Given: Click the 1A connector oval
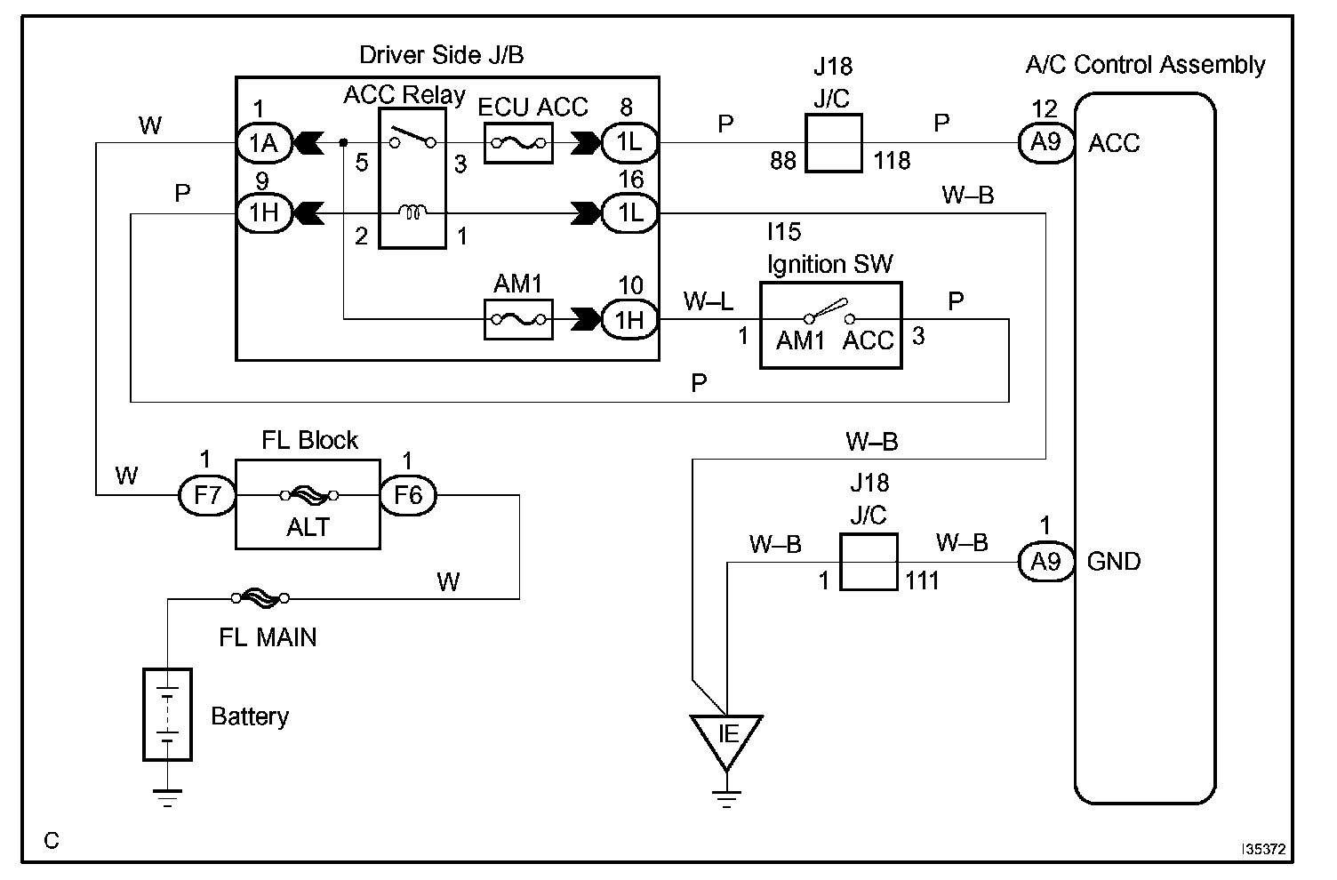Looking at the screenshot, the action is point(264,143).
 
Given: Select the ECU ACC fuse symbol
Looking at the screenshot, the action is point(518,143).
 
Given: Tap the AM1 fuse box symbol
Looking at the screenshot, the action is point(518,319).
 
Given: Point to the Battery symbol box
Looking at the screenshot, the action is point(167,715).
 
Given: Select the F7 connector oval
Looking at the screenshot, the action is point(207,495).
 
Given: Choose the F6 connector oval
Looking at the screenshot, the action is point(408,495).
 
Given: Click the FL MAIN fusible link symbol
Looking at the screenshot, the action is point(260,597).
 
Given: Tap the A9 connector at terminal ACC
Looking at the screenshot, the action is point(1045,143).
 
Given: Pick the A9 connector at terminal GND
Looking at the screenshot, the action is point(1045,562).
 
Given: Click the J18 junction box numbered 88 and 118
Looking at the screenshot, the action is point(833,143).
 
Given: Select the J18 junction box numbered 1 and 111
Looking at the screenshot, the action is point(869,562).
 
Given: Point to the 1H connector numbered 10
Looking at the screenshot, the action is point(629,319).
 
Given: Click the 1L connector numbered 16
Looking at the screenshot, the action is point(629,212).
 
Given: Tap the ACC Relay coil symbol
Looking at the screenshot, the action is point(412,212).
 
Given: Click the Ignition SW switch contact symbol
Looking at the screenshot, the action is point(829,311).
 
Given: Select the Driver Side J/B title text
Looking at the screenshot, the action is point(441,55).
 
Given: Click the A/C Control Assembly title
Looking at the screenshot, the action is point(1145,65).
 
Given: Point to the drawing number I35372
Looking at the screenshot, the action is point(1263,849).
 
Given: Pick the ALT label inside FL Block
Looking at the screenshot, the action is point(308,527).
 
